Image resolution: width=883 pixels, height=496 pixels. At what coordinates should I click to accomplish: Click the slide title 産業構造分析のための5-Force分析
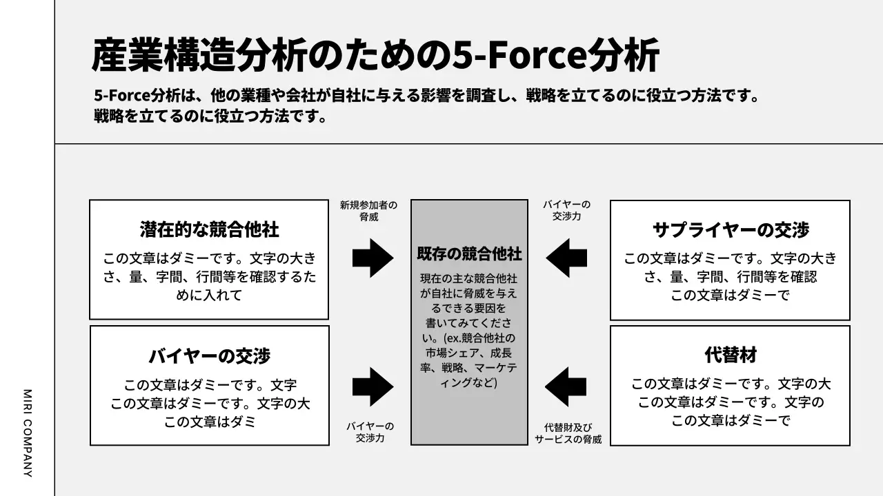[x=375, y=55]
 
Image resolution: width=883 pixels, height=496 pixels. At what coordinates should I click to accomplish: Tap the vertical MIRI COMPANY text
[x=28, y=433]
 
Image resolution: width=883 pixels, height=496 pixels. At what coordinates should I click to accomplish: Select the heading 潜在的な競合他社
[x=209, y=229]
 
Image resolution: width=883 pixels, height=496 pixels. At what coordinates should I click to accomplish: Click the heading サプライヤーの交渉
[x=731, y=230]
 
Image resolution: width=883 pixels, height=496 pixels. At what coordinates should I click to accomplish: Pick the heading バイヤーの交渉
[x=209, y=356]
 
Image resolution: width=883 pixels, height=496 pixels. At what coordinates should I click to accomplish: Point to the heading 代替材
[x=731, y=355]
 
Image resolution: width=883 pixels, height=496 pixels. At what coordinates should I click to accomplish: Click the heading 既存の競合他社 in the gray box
[x=469, y=254]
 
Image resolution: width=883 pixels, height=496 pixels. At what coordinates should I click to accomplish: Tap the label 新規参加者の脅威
[x=368, y=211]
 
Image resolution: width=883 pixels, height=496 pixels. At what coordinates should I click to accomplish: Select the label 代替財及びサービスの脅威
[x=568, y=433]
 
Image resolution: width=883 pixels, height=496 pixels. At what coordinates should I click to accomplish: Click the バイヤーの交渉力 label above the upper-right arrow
[x=566, y=210]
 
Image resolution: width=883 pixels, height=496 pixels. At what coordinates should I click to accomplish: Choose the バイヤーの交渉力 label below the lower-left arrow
[x=370, y=432]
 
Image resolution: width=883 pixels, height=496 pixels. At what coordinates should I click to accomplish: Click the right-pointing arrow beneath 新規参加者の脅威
[x=373, y=258]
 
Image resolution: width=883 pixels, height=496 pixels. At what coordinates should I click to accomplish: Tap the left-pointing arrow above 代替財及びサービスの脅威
[x=566, y=386]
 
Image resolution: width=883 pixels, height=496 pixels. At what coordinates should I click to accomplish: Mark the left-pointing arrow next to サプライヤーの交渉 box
[x=566, y=258]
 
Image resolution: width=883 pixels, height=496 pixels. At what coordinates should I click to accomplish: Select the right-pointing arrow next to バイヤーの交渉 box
[x=373, y=386]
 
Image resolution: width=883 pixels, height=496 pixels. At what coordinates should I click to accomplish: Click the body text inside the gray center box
[x=469, y=331]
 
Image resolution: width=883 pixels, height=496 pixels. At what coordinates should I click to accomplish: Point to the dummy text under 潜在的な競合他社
[x=209, y=277]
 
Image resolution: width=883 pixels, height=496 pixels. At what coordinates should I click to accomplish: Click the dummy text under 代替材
[x=731, y=402]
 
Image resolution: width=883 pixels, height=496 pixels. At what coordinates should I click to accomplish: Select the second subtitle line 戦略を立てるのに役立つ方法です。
[x=210, y=116]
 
